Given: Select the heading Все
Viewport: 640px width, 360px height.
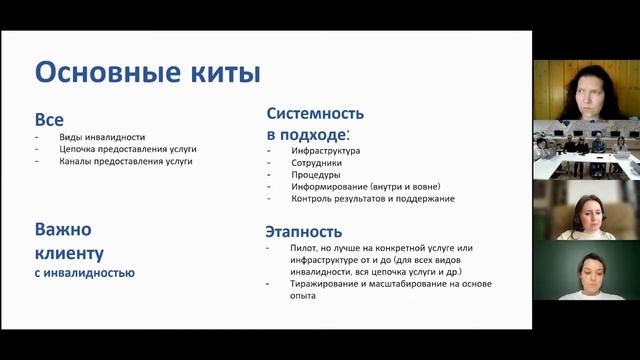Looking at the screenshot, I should pyautogui.click(x=49, y=120).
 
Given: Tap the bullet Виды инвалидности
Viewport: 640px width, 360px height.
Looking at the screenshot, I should pyautogui.click(x=102, y=137).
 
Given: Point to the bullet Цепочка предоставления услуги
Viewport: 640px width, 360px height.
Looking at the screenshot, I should pyautogui.click(x=127, y=149).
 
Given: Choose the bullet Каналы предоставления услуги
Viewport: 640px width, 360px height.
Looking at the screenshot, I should pyautogui.click(x=125, y=161).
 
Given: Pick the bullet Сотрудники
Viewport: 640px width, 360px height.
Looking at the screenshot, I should pyautogui.click(x=316, y=162).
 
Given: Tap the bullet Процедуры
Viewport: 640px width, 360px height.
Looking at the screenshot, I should pyautogui.click(x=315, y=174).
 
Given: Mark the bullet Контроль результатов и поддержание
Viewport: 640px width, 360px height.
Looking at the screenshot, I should pyautogui.click(x=373, y=198).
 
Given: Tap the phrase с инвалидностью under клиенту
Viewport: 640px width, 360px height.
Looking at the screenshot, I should pyautogui.click(x=85, y=272).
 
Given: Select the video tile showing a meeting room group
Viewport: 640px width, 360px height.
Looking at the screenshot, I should pyautogui.click(x=585, y=148).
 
